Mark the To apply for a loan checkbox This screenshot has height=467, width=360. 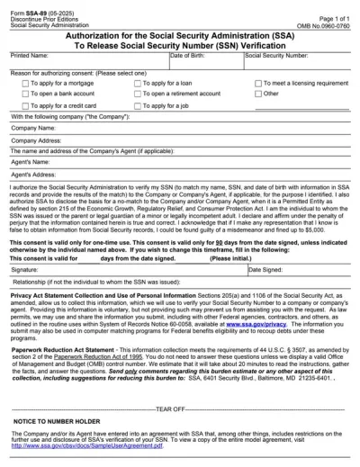coord(138,83)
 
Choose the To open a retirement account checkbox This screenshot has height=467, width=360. coord(138,94)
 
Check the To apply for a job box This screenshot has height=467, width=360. coord(138,105)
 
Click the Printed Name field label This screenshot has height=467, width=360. coord(29,55)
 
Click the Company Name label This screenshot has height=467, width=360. coord(33,129)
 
